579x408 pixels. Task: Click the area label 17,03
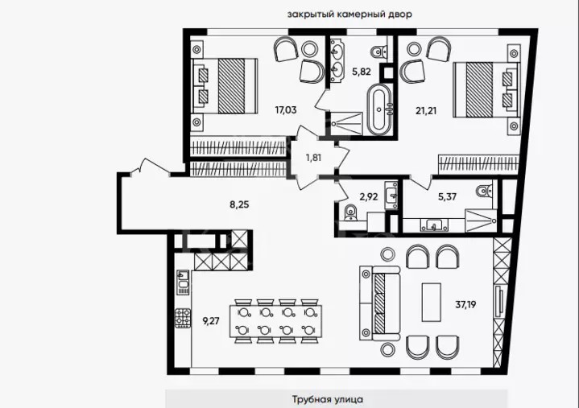(286, 109)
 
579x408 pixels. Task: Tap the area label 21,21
(426, 110)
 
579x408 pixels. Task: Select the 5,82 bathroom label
(361, 72)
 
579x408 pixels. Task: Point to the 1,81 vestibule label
(313, 158)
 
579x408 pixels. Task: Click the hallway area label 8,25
(239, 204)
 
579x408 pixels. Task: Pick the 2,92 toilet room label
(369, 197)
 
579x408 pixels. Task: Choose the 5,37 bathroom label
(447, 196)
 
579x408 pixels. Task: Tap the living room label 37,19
(465, 305)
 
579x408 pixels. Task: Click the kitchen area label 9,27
(211, 321)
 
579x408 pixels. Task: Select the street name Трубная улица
(328, 399)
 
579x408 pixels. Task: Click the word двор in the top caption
(400, 14)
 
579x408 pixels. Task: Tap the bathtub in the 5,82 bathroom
(379, 109)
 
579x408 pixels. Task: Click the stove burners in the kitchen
(183, 318)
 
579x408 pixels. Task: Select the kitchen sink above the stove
(183, 282)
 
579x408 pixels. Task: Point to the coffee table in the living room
(432, 302)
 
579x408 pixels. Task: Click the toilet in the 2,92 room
(349, 213)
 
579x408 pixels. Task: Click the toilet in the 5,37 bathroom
(485, 191)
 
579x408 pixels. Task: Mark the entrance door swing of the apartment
(150, 167)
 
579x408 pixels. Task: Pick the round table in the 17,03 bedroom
(309, 49)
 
